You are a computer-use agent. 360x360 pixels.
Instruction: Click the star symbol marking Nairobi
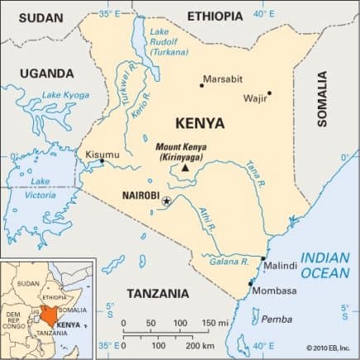(x=166, y=201)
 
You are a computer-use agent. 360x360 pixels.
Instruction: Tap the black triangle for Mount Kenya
(x=185, y=168)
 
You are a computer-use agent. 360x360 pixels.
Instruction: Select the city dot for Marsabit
(x=201, y=84)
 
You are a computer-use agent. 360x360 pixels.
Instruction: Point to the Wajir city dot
(x=269, y=94)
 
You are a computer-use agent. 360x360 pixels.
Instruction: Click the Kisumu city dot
(x=102, y=161)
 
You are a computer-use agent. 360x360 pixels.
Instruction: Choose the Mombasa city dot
(x=251, y=284)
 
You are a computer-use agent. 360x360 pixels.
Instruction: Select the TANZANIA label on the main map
(x=157, y=293)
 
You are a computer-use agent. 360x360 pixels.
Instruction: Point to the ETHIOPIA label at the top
(x=215, y=16)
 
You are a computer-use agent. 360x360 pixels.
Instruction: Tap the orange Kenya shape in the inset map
(x=52, y=315)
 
